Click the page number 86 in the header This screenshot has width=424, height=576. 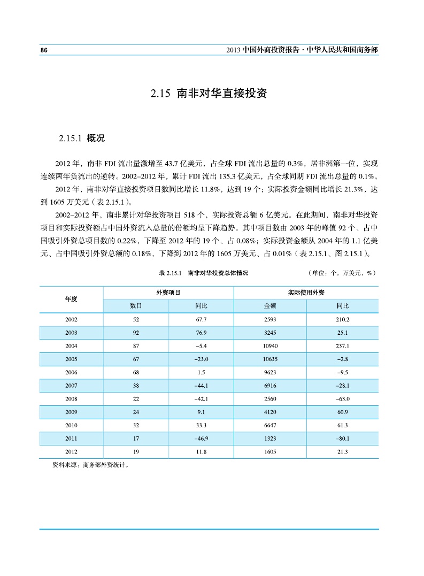click(x=44, y=50)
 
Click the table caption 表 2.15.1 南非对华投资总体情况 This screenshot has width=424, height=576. click(x=204, y=273)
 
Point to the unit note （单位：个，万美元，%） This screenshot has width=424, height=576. click(x=342, y=273)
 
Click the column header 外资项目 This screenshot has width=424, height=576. click(x=168, y=293)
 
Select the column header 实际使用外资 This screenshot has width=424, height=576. click(x=306, y=293)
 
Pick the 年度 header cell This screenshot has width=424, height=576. click(x=71, y=299)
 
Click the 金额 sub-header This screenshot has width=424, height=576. click(x=270, y=306)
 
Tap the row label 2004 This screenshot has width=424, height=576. click(x=71, y=346)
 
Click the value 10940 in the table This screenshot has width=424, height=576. click(x=270, y=346)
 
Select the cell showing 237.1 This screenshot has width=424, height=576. click(x=342, y=346)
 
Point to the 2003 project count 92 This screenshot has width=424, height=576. click(x=136, y=333)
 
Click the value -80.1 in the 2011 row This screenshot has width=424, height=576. click(x=342, y=439)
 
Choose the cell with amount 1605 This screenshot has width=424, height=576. click(x=270, y=452)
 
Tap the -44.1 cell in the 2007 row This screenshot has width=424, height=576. click(x=202, y=386)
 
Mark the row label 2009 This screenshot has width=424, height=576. click(x=71, y=412)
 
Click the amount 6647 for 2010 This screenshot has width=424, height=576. click(x=270, y=426)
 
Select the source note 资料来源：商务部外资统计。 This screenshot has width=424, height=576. click(x=85, y=465)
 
